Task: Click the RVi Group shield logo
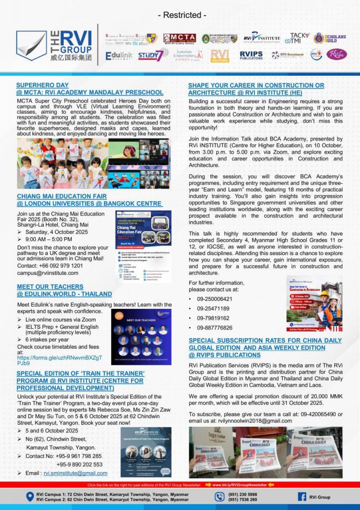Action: tap(31, 45)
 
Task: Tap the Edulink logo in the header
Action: tap(119, 55)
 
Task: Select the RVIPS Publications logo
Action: tap(251, 55)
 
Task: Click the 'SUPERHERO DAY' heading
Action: tap(42, 85)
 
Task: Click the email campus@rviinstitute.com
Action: tap(47, 273)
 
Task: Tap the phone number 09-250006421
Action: tap(214, 299)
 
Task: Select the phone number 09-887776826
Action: tap(214, 327)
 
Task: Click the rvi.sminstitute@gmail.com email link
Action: tap(75, 473)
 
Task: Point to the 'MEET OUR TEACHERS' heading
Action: tap(50, 287)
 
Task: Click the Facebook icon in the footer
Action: tap(302, 497)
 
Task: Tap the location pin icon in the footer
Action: tap(30, 497)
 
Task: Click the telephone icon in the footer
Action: tap(220, 497)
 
